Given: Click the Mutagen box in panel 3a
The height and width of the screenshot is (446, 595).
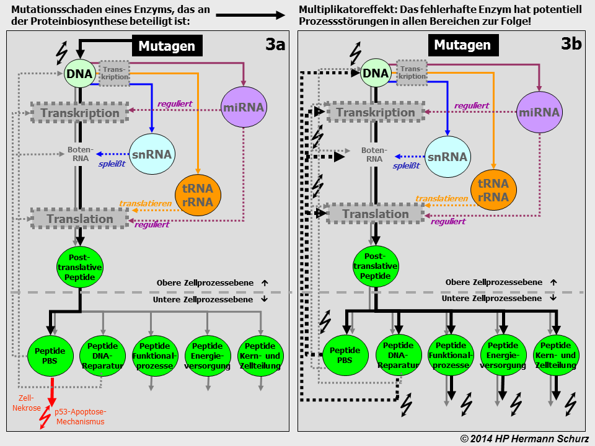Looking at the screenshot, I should (x=167, y=46).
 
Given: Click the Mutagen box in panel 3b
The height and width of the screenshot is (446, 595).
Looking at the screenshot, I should (x=462, y=45).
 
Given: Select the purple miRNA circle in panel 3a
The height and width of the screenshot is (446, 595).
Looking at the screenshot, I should (x=244, y=107).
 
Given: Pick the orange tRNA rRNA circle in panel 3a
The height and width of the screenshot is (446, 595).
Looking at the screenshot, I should (x=198, y=195).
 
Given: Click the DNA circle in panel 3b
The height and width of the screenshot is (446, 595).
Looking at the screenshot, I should (x=376, y=74).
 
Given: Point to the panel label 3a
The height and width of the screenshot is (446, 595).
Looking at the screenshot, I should (x=275, y=45).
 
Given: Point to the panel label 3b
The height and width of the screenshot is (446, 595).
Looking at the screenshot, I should (x=571, y=43).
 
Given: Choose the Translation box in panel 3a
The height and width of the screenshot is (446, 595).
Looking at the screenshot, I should (x=80, y=219).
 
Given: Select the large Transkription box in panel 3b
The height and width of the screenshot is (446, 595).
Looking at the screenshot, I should (x=376, y=112).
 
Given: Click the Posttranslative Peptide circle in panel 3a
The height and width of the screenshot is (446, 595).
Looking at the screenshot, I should (x=79, y=266).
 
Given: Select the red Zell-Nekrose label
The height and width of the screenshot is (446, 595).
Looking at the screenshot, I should (x=26, y=403).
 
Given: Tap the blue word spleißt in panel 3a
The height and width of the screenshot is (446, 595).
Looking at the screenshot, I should (x=113, y=164).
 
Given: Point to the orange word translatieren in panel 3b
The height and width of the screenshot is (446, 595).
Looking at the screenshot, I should (x=441, y=199).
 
